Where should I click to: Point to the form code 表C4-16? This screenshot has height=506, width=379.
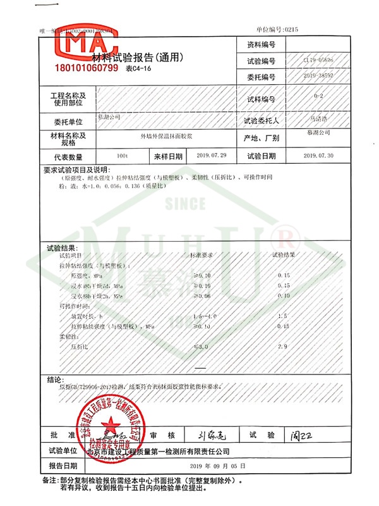click(140, 69)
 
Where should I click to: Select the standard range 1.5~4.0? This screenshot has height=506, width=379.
click(201, 316)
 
